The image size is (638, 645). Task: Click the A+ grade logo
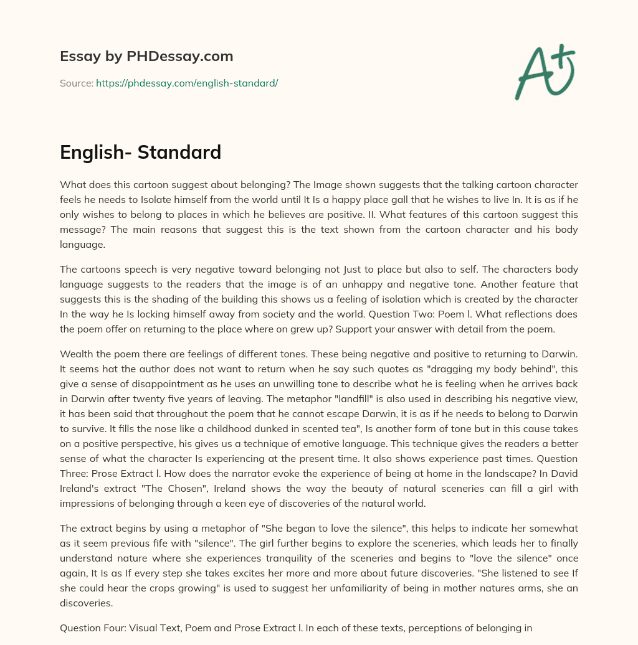[x=545, y=72]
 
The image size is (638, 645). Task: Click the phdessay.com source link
[x=186, y=83]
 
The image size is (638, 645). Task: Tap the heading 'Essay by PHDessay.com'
[x=146, y=56]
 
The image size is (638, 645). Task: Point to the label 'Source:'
[x=76, y=83]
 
